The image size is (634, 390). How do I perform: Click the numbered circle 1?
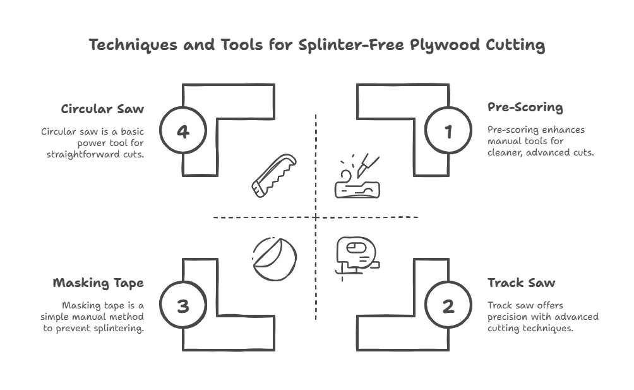click(448, 132)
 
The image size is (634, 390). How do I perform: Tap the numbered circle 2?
click(448, 307)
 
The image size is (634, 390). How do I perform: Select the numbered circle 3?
click(183, 307)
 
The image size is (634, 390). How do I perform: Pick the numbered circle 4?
click(183, 132)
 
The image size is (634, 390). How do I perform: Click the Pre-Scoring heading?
click(525, 107)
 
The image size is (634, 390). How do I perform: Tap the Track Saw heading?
click(521, 283)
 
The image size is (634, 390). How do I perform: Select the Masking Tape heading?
click(98, 283)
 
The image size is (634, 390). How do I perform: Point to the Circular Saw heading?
click(102, 109)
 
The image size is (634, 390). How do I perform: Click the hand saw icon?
click(273, 175)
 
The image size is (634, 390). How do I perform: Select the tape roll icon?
click(274, 259)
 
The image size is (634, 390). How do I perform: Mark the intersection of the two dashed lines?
click(316, 217)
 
